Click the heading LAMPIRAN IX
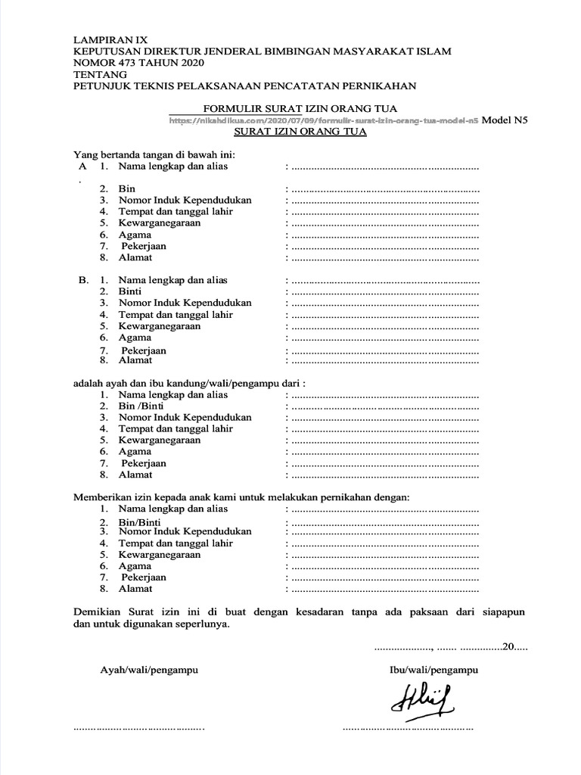click(111, 39)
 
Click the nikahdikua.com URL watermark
click(323, 120)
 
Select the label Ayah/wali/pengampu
click(149, 670)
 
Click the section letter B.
click(83, 280)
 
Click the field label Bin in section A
click(126, 188)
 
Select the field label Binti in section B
click(129, 291)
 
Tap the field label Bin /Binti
click(141, 406)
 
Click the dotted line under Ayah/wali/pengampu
click(138, 729)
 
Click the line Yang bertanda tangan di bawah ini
click(154, 154)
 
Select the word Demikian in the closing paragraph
click(98, 612)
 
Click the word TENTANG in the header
click(100, 75)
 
